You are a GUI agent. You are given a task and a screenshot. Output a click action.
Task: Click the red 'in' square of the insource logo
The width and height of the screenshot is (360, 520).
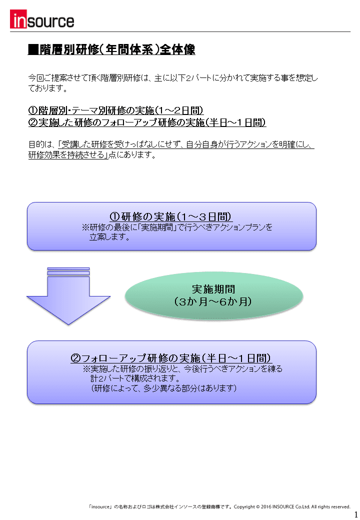click(x=18, y=19)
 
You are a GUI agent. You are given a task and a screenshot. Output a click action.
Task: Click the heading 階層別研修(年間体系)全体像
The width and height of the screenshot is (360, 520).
click(x=117, y=49)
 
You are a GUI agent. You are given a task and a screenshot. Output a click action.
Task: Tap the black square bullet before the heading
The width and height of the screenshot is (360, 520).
click(x=33, y=49)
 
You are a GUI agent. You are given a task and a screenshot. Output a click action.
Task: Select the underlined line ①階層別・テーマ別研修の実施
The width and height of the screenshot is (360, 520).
click(x=116, y=110)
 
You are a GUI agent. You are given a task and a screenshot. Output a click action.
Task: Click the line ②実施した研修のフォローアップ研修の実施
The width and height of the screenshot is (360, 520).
click(x=147, y=122)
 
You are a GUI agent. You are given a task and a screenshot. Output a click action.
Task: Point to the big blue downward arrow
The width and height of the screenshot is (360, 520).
click(x=68, y=296)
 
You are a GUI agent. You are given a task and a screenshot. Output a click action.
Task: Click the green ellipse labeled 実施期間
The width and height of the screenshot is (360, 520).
click(x=214, y=295)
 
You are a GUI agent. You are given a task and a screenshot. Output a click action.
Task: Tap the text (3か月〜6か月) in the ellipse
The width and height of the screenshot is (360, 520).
click(x=213, y=302)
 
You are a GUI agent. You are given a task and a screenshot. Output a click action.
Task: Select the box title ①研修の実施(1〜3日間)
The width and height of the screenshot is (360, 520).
click(x=171, y=216)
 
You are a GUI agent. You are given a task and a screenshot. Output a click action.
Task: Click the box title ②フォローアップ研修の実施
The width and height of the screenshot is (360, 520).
click(x=171, y=358)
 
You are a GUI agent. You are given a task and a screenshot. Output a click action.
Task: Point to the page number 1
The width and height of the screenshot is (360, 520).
click(x=356, y=514)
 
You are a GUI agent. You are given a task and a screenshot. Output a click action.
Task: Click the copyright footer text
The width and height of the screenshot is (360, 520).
click(x=219, y=506)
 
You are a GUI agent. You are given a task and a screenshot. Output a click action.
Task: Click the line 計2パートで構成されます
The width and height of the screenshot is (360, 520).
click(x=135, y=378)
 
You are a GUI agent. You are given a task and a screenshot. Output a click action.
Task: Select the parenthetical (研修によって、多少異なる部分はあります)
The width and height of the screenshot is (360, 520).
click(x=164, y=388)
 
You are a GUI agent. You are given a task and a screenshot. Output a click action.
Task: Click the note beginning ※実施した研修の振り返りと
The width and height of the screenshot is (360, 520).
click(x=182, y=369)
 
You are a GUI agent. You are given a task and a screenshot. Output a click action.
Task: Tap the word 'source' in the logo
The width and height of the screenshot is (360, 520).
click(x=50, y=21)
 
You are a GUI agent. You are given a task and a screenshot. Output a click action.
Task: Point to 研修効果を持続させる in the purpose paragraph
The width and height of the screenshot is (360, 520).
click(x=66, y=155)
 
